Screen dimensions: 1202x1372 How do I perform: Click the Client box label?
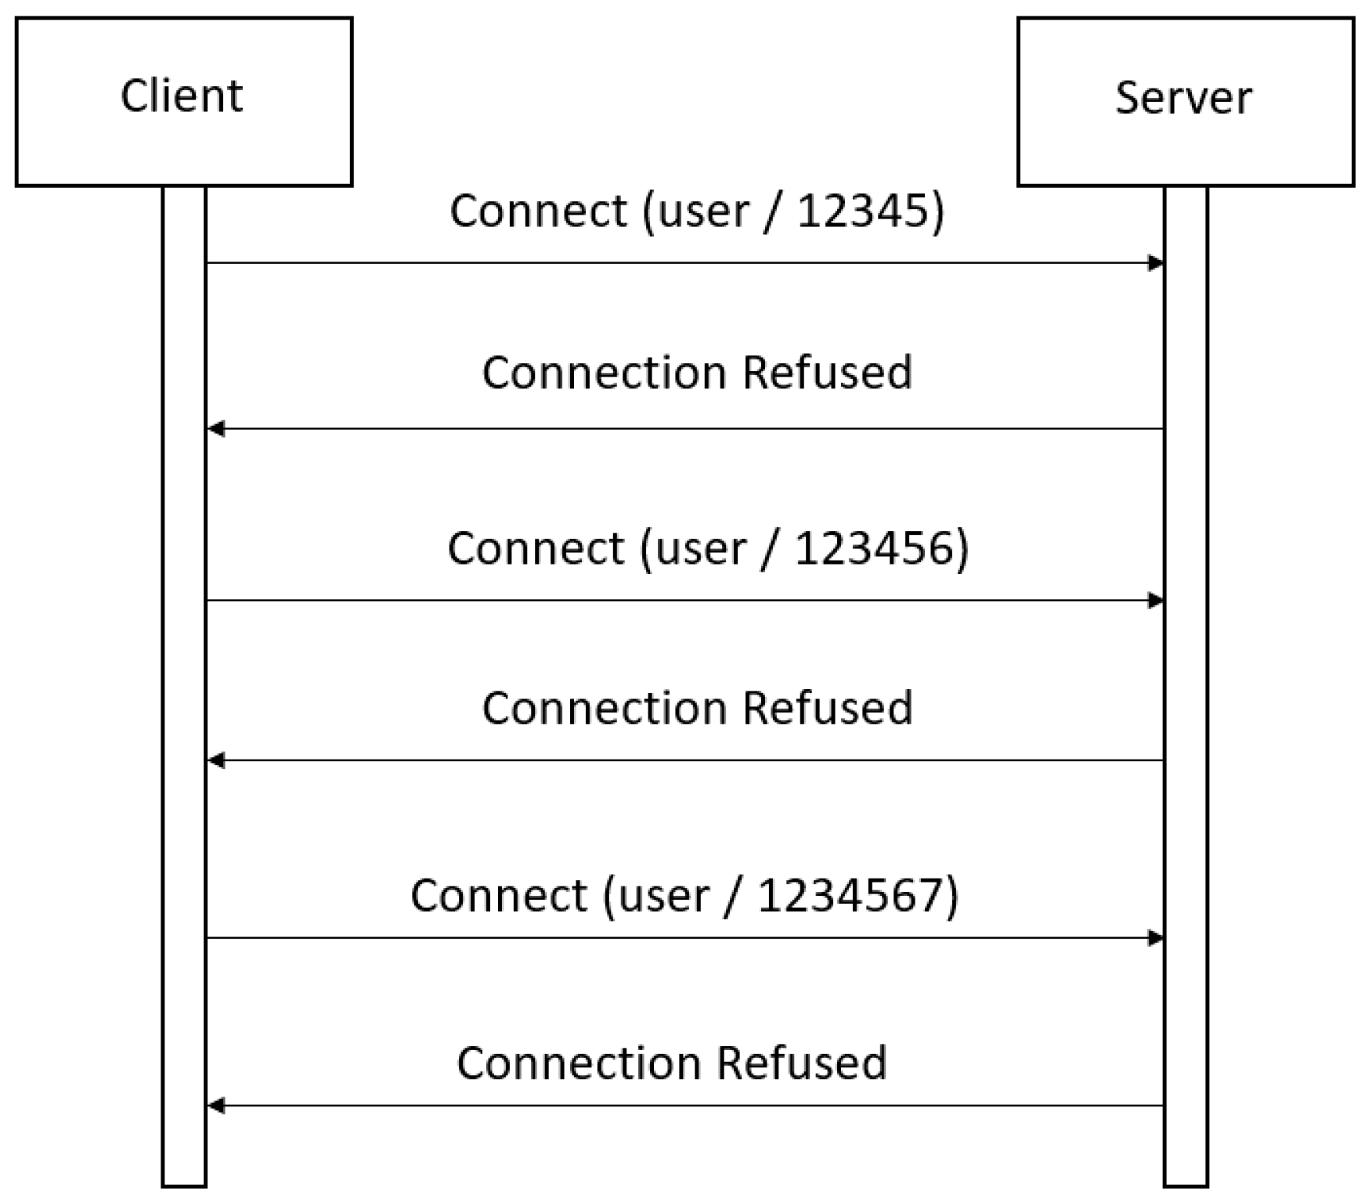[182, 96]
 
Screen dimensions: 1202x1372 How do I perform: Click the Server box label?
[1183, 99]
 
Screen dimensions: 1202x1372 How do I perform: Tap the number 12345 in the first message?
[863, 211]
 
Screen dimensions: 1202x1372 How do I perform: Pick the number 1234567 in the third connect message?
[850, 895]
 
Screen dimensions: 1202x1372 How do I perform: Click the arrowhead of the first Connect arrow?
[1156, 263]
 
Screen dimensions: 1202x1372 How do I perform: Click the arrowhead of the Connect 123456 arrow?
[1156, 601]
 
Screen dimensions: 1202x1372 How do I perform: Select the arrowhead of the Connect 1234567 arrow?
[1156, 938]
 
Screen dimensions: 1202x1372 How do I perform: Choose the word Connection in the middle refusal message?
[605, 708]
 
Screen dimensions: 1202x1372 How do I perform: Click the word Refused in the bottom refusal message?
[802, 1063]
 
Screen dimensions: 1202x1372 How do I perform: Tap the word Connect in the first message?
[538, 211]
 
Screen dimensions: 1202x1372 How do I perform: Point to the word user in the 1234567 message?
[663, 895]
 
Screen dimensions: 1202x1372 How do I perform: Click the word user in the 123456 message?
[701, 547]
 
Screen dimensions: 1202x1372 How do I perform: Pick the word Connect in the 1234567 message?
[499, 895]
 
